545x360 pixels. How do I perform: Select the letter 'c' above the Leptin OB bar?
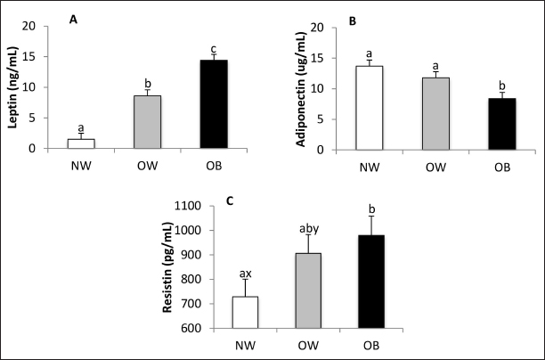[214, 48]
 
